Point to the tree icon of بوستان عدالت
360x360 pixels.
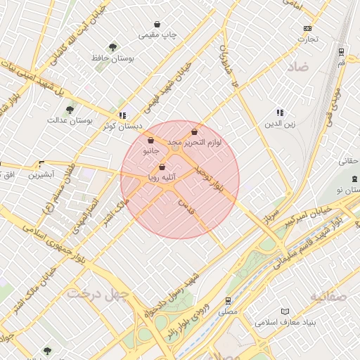click(70, 110)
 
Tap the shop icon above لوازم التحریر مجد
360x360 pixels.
click(194, 131)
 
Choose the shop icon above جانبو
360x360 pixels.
click(151, 140)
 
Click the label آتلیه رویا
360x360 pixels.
click(162, 178)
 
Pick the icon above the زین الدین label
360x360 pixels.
click(280, 112)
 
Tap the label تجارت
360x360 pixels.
click(307, 39)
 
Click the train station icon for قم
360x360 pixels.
click(341, 51)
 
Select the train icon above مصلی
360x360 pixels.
click(229, 300)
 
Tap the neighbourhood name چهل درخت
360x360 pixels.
click(96, 292)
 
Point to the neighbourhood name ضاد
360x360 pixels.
click(297, 68)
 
